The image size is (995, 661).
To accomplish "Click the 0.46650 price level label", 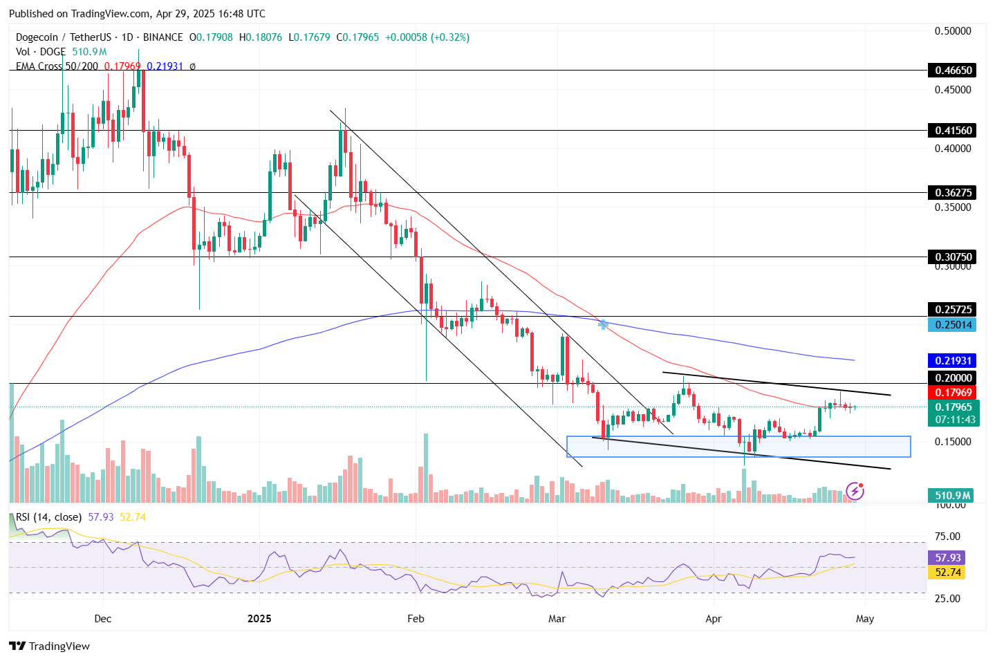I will tap(953, 71).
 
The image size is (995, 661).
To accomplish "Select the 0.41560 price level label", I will tap(953, 131).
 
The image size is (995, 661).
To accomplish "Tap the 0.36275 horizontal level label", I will tap(953, 193).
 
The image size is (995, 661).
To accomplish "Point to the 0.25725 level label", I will tap(953, 310).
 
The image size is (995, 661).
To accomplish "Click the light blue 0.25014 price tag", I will tap(953, 325).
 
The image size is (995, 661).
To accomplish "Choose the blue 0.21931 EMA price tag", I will tap(953, 361).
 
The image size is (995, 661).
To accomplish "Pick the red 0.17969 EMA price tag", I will tap(953, 393).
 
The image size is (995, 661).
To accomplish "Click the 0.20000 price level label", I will tap(953, 378).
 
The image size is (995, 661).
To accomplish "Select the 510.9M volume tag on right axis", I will tap(953, 496).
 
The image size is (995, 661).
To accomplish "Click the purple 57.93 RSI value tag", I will tap(947, 558).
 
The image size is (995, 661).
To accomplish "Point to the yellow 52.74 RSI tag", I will tap(947, 572).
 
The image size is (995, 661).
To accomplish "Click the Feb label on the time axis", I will tap(416, 619).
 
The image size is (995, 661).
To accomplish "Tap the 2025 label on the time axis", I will tap(259, 619).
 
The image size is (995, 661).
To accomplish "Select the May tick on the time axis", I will tap(865, 619).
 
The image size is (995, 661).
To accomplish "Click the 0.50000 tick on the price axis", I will tap(953, 31).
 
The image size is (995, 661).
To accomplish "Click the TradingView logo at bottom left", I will tap(49, 646).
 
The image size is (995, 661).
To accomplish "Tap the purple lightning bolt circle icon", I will tap(855, 492).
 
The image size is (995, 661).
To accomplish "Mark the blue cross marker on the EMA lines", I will tap(603, 324).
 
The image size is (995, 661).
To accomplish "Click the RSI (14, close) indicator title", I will tap(48, 517).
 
